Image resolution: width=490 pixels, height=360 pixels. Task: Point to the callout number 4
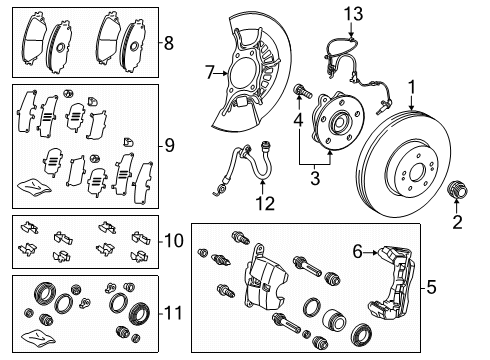[x=297, y=122]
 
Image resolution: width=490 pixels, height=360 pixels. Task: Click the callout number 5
[x=474, y=287]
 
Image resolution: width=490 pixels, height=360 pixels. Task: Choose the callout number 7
[x=210, y=72]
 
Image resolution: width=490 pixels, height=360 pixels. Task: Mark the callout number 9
[x=169, y=145]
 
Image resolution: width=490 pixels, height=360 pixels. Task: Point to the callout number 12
[x=264, y=205]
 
